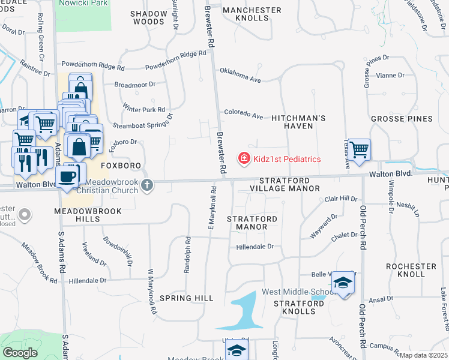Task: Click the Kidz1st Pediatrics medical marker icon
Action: (244, 159)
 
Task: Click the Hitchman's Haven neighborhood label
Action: (298, 122)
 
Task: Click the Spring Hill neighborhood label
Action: (187, 298)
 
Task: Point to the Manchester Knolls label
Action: (252, 14)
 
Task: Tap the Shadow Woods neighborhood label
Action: (147, 17)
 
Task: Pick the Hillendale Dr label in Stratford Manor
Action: (255, 246)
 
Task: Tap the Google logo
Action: (20, 352)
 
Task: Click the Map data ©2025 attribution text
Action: (423, 355)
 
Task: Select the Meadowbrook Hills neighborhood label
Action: (88, 215)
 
